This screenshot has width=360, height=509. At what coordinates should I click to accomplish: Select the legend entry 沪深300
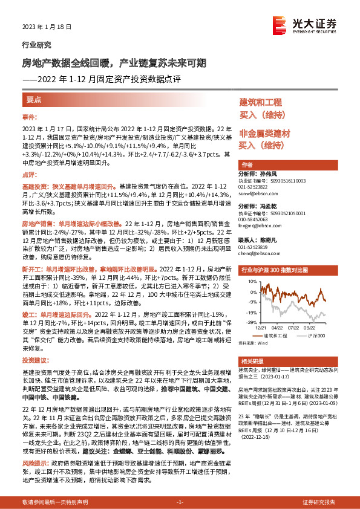point(309,334)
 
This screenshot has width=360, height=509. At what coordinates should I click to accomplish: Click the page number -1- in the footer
point(180,502)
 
